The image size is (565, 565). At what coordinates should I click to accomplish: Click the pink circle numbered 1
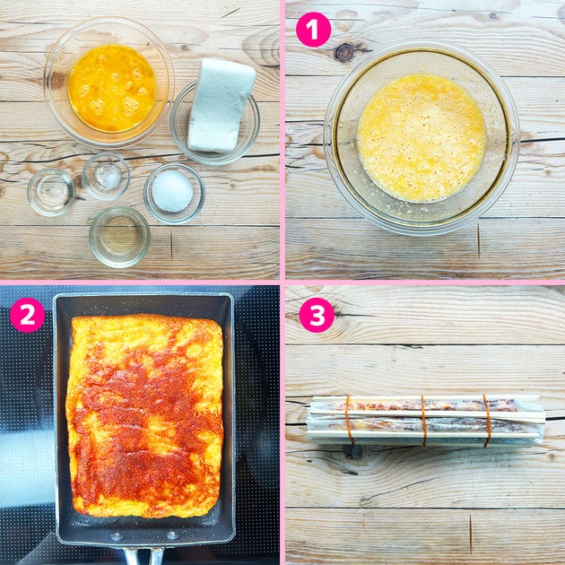(x=313, y=30)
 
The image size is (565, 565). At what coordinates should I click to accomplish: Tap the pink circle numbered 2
(x=28, y=315)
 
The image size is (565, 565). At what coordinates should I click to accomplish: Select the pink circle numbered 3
(x=317, y=315)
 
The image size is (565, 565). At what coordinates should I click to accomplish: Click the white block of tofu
(x=221, y=106)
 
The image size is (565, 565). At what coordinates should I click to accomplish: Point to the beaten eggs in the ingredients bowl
(x=112, y=88)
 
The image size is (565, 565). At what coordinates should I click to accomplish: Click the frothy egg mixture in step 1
(x=422, y=138)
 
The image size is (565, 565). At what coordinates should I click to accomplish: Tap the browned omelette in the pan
(x=145, y=415)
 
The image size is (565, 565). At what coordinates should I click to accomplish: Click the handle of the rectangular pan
(x=143, y=556)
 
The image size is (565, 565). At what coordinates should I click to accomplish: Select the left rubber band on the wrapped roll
(x=349, y=420)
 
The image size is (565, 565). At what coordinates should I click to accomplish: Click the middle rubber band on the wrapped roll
(x=424, y=420)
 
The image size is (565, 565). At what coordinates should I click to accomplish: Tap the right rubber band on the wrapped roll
(x=487, y=421)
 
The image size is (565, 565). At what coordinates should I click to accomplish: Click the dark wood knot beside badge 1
(x=343, y=52)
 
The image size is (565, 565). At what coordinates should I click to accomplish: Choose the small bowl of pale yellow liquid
(x=119, y=237)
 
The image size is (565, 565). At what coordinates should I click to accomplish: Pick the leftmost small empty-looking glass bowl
(x=51, y=192)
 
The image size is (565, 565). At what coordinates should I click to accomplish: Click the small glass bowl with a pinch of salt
(x=106, y=176)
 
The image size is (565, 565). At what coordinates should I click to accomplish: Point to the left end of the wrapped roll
(x=309, y=420)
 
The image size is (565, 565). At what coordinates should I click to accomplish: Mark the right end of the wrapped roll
(x=543, y=420)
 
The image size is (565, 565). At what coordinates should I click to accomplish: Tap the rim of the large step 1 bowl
(x=422, y=45)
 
